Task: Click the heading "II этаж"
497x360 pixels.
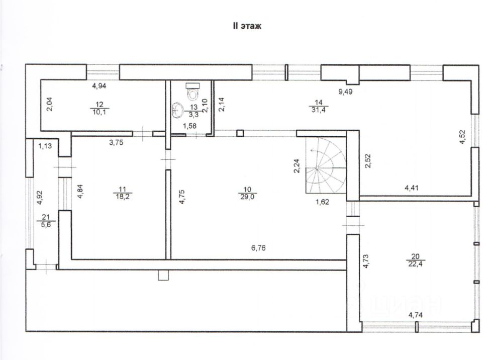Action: coord(246,26)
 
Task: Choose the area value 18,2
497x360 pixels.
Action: coord(122,197)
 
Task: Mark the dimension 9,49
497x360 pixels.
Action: coord(346,92)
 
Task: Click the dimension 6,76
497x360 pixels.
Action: coord(259,247)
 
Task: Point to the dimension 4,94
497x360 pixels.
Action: coord(99,86)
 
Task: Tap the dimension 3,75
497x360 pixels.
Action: coord(117,142)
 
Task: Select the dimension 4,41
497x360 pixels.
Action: coord(413,189)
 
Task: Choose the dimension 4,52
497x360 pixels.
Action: coord(463,137)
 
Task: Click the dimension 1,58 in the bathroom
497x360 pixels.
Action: coord(188,125)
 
